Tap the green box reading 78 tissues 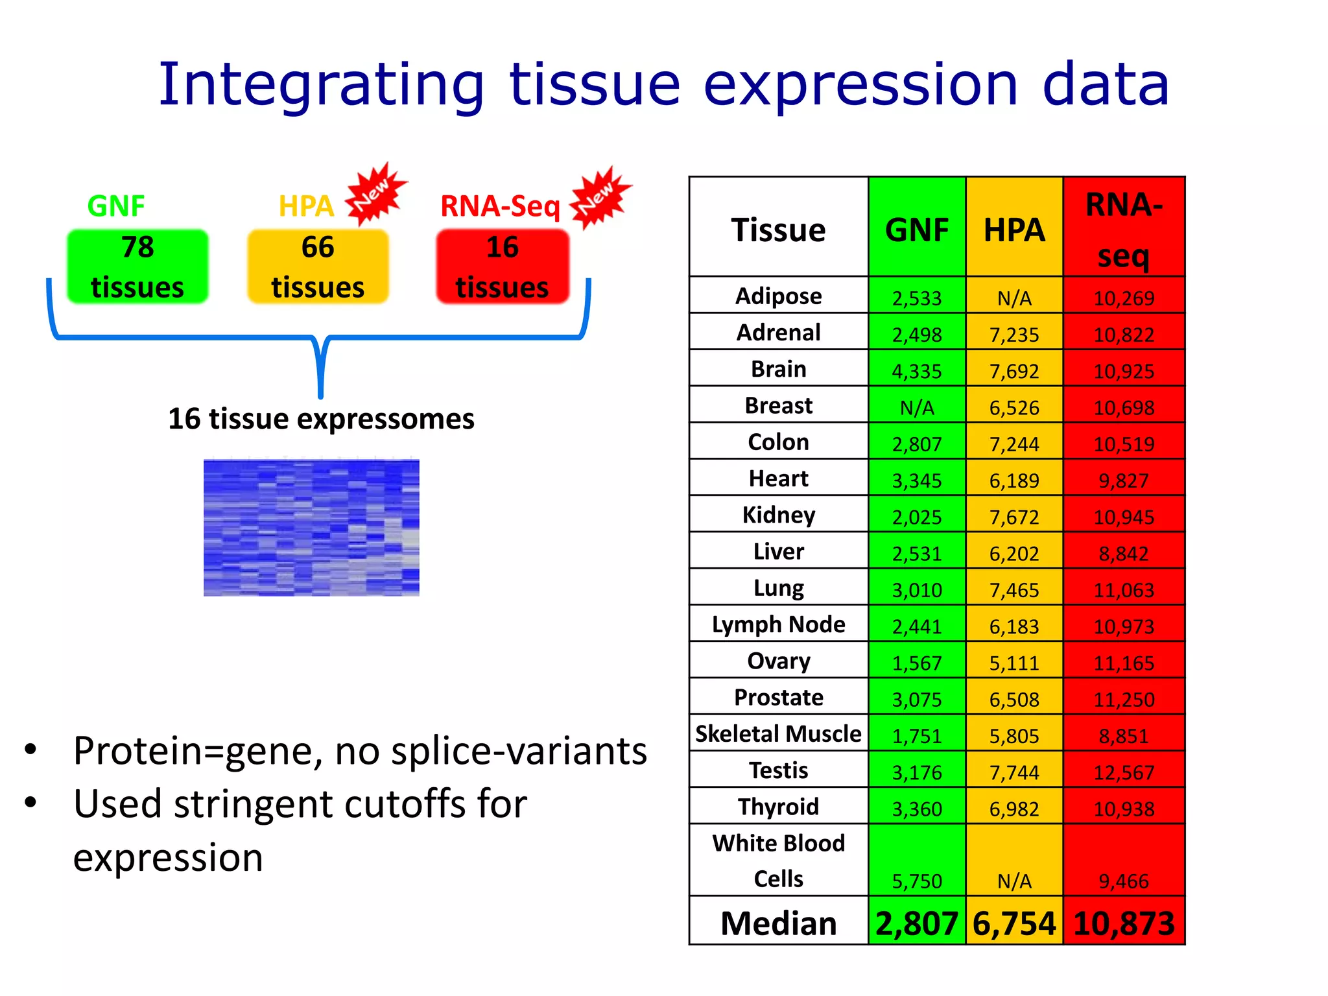tap(137, 267)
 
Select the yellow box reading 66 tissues tap(318, 267)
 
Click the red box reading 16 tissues tap(503, 267)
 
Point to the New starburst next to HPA tap(375, 193)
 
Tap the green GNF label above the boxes tap(116, 206)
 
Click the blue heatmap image tap(311, 527)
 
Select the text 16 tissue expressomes tap(321, 419)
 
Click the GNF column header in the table tap(916, 230)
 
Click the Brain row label tap(778, 369)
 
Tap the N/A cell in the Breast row tap(916, 408)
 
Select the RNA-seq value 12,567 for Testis tap(1124, 773)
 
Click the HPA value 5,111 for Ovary tap(1014, 663)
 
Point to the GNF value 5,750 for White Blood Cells tap(916, 881)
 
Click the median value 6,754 tap(1014, 923)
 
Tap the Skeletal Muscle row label tap(778, 734)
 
